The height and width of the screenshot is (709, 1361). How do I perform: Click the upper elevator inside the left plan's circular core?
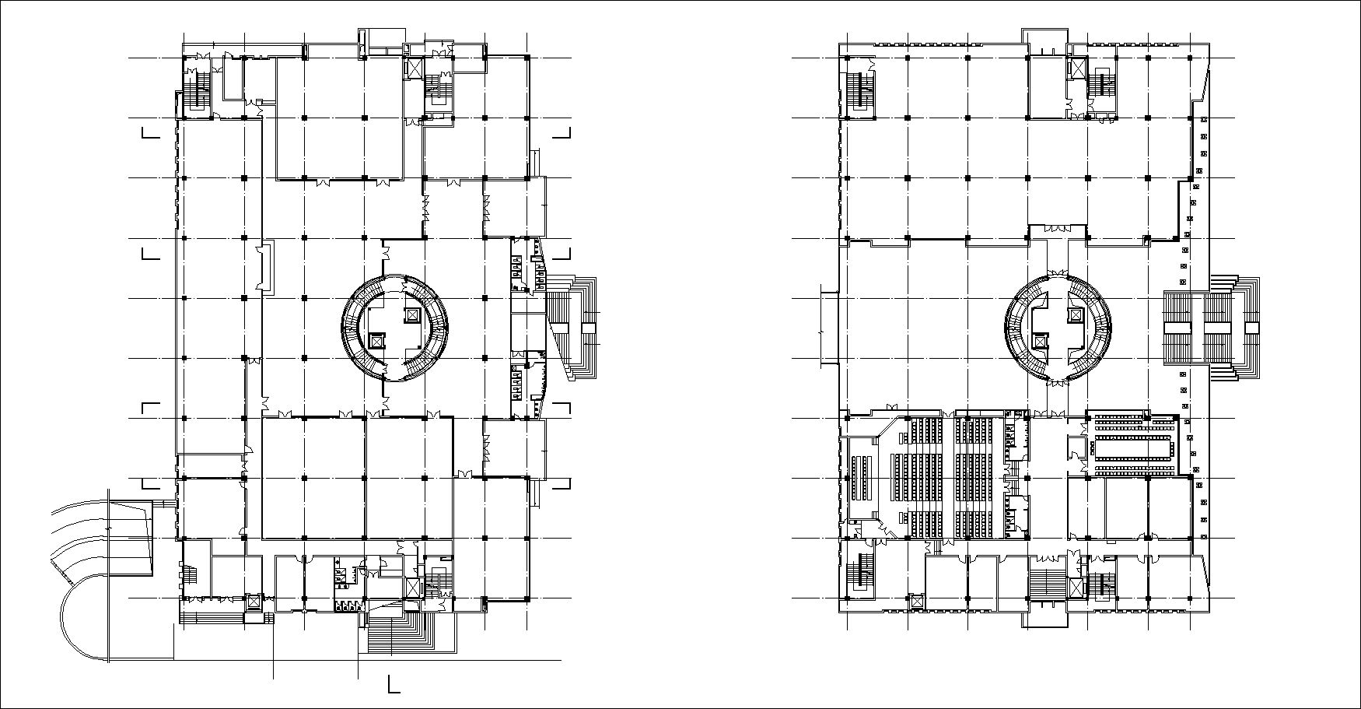pyautogui.click(x=412, y=314)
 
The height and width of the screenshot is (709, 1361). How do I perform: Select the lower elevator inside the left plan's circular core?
pyautogui.click(x=377, y=340)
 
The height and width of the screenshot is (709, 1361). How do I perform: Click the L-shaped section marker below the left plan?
pyautogui.click(x=394, y=684)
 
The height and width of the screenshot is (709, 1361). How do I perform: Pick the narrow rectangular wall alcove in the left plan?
pyautogui.click(x=266, y=267)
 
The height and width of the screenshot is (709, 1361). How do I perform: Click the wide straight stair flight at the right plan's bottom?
pyautogui.click(x=1046, y=584)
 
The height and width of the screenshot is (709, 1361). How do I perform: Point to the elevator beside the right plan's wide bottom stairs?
pyautogui.click(x=1076, y=588)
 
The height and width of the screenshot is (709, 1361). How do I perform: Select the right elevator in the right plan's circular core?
pyautogui.click(x=1075, y=314)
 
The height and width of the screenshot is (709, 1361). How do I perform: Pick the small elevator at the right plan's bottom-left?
pyautogui.click(x=916, y=600)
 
